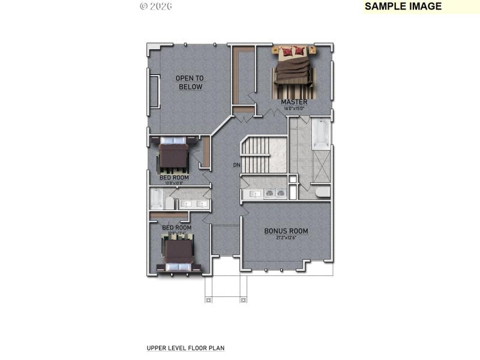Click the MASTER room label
pyautogui.click(x=294, y=102)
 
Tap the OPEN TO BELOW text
pyautogui.click(x=190, y=83)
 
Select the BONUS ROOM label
pyautogui.click(x=286, y=231)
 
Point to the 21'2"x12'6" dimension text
pyautogui.click(x=286, y=238)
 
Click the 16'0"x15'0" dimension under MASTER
pyautogui.click(x=294, y=109)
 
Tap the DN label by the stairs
pyautogui.click(x=237, y=165)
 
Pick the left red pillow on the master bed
pyautogui.click(x=287, y=52)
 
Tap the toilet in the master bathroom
pyautogui.click(x=322, y=192)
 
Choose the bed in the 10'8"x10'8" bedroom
pyautogui.click(x=174, y=154)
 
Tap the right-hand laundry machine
pyautogui.click(x=280, y=193)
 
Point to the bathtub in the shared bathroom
pyautogui.click(x=156, y=199)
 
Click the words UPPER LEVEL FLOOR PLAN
pyautogui.click(x=185, y=347)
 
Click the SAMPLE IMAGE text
pyautogui.click(x=403, y=7)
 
